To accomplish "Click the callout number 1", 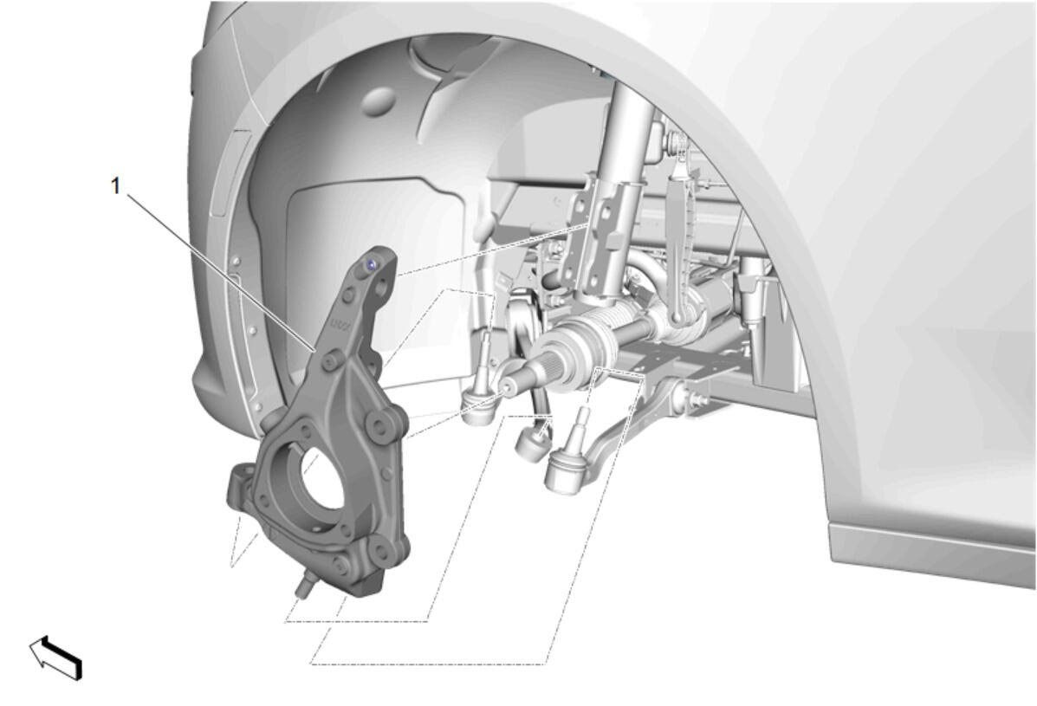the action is coord(116,186).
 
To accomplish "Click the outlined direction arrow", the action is coord(55,657).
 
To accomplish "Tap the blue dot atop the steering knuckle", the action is coord(372,265).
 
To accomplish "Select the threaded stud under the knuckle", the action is coord(305,585).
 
